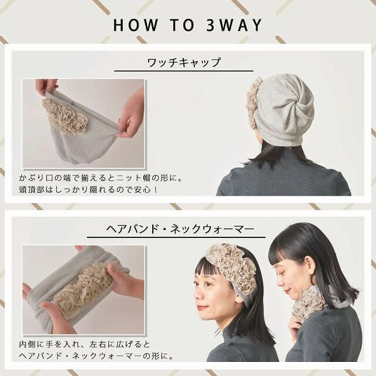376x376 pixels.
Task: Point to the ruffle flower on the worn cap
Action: [253, 103]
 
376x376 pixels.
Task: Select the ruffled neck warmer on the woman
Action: [308, 305]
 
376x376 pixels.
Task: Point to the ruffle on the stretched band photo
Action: [82, 288]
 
